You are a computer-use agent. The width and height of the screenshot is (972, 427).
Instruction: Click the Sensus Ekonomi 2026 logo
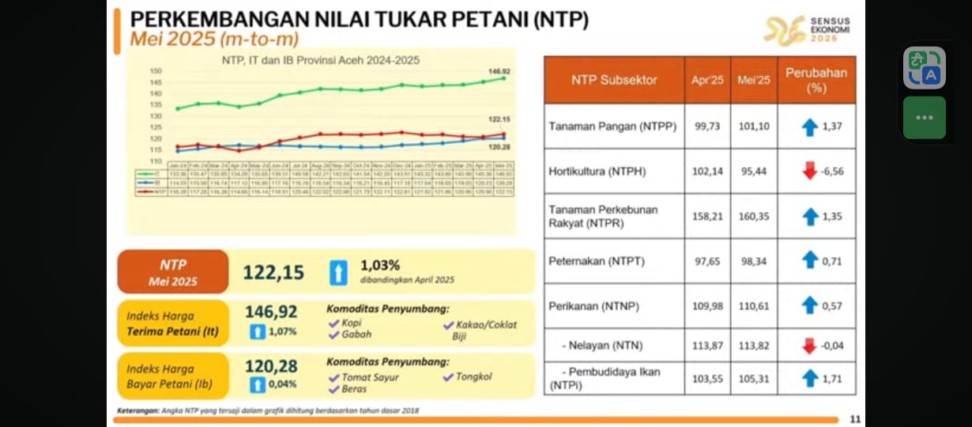click(807, 30)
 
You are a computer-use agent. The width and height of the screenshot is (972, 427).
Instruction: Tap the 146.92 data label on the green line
click(499, 71)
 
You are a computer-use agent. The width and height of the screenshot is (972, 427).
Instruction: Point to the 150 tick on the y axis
click(155, 71)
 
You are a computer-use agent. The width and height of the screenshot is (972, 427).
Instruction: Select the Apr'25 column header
click(707, 80)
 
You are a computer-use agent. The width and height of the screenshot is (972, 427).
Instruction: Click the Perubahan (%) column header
click(816, 80)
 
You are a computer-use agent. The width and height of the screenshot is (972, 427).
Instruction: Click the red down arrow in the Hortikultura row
click(809, 171)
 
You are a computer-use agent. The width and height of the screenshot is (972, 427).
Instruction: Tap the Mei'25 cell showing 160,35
click(753, 216)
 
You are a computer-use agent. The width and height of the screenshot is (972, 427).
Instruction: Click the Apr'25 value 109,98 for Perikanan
click(707, 306)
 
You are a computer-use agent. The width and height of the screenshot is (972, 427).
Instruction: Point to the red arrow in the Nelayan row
click(809, 346)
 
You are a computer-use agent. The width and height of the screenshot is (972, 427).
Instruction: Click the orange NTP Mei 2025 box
click(172, 272)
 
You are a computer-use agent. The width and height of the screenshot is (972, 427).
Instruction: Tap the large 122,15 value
click(273, 273)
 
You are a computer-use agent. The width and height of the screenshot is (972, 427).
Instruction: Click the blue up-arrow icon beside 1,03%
click(338, 273)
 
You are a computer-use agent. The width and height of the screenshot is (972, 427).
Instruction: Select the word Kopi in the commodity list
click(352, 323)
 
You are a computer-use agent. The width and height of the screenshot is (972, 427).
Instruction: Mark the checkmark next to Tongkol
click(448, 376)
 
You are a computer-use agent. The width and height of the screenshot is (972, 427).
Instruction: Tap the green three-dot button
click(925, 117)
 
